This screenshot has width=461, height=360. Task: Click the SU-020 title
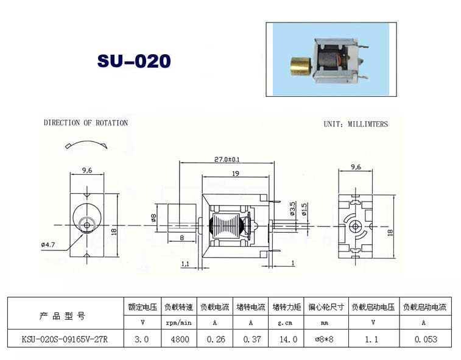tap(134, 61)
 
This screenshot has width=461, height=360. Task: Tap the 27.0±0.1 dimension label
tap(227, 160)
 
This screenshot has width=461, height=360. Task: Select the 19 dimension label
tap(236, 174)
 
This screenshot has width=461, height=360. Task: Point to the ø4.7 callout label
tap(48, 244)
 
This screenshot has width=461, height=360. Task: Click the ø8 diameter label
tap(153, 218)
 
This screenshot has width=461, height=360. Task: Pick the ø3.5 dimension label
tap(292, 208)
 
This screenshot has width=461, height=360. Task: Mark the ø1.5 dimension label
tap(304, 209)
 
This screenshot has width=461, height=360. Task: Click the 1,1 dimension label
tap(185, 264)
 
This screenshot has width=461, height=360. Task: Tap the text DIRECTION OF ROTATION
tap(86, 122)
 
